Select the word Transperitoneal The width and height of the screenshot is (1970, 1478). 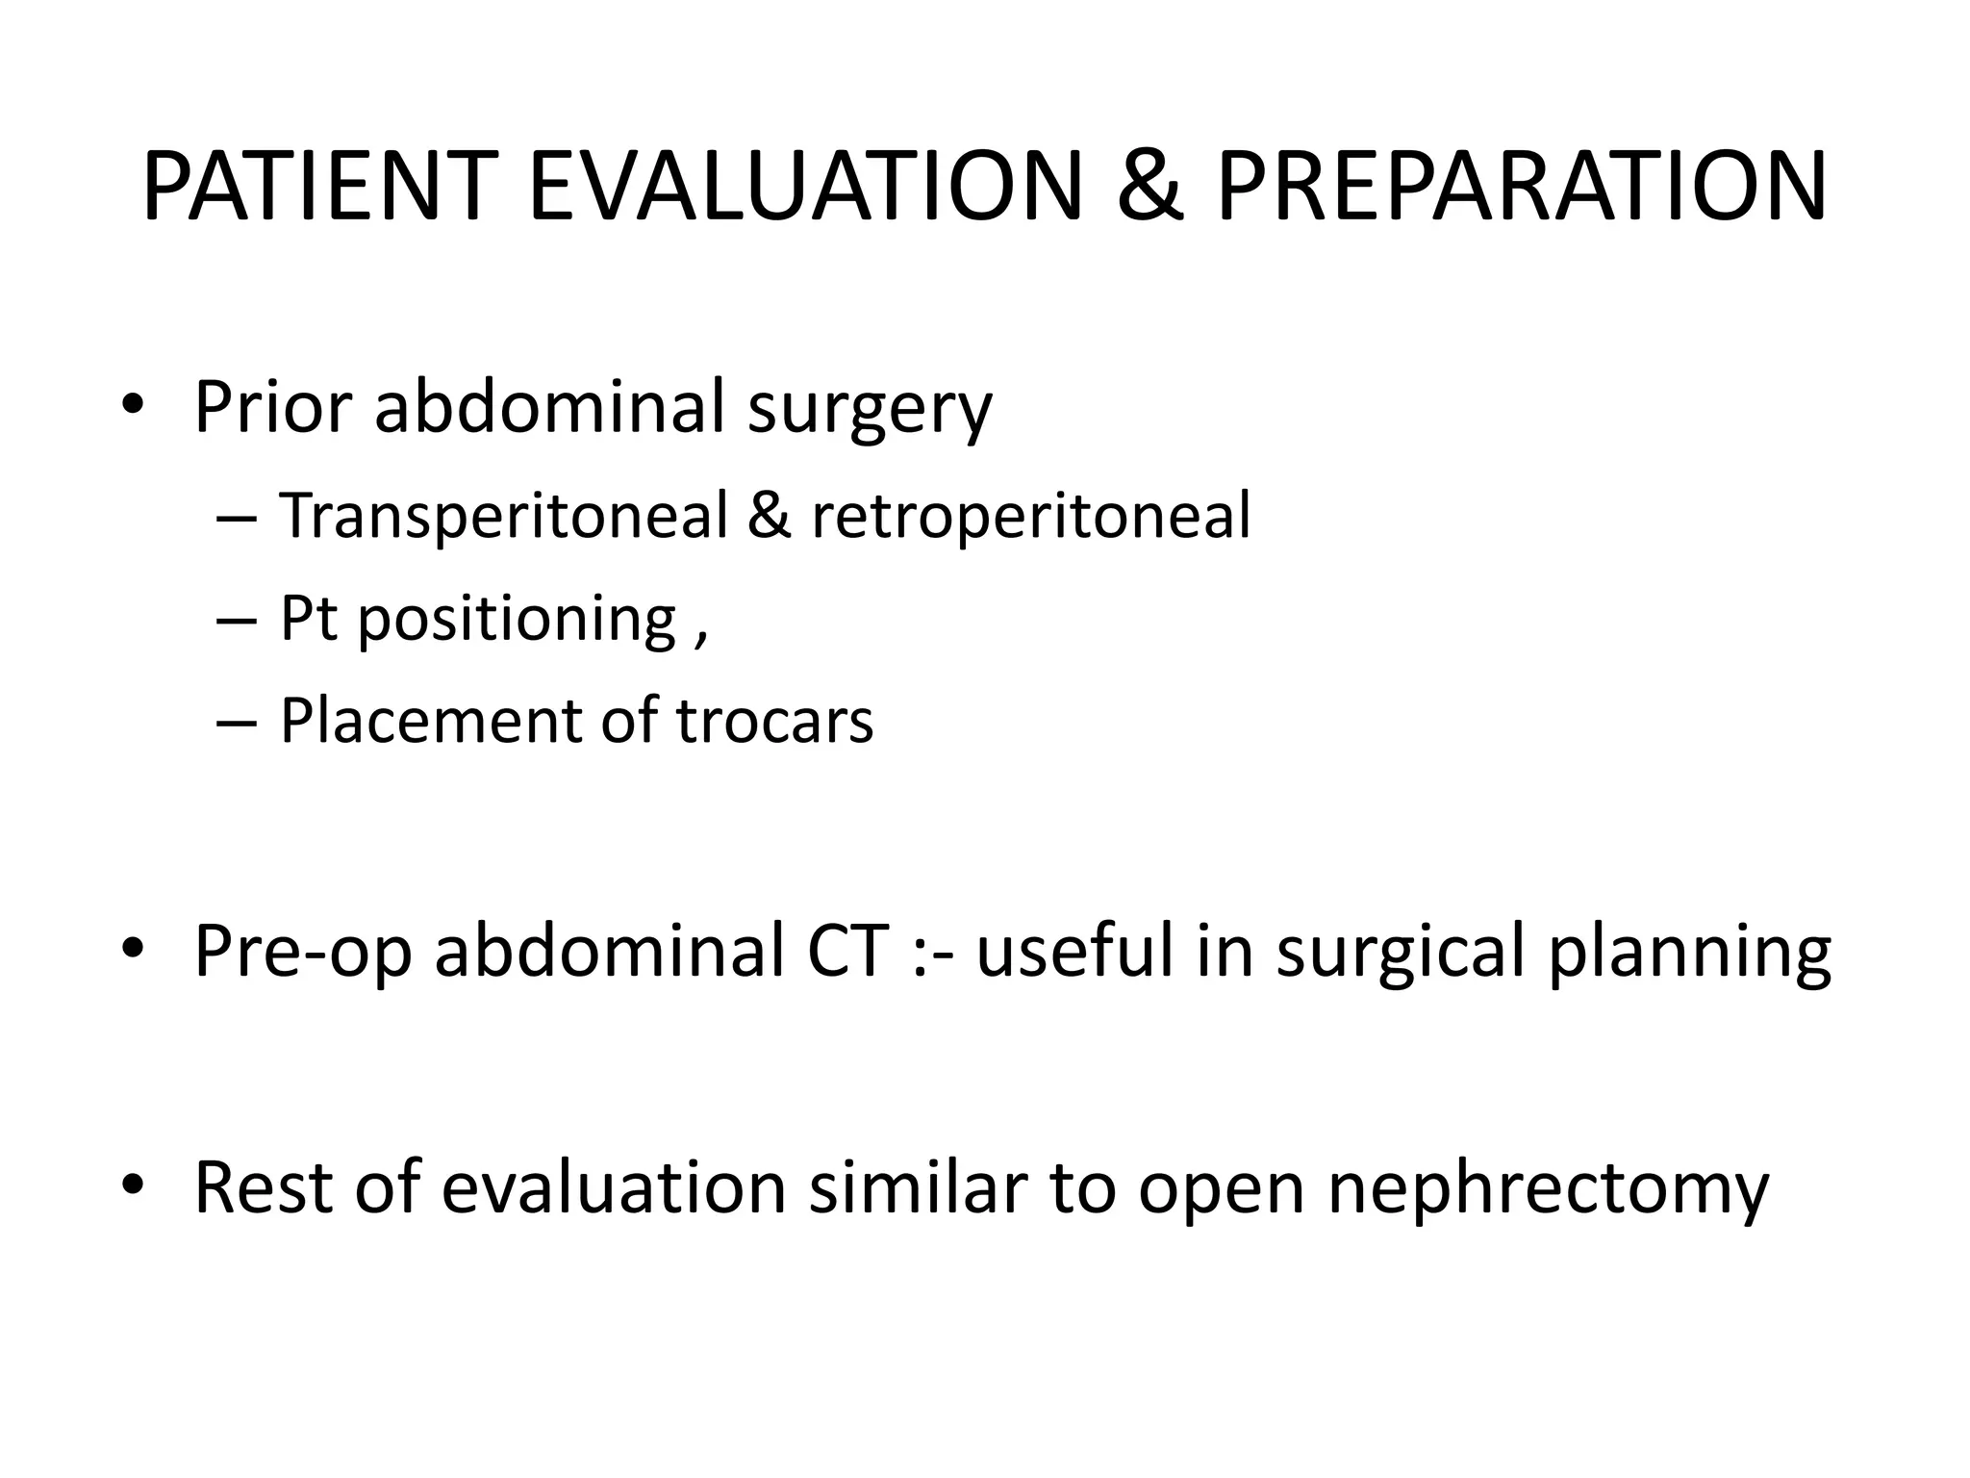[504, 516]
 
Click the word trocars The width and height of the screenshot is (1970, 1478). [775, 721]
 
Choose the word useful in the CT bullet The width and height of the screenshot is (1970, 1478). [1073, 951]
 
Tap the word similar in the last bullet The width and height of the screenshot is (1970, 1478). [918, 1187]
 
